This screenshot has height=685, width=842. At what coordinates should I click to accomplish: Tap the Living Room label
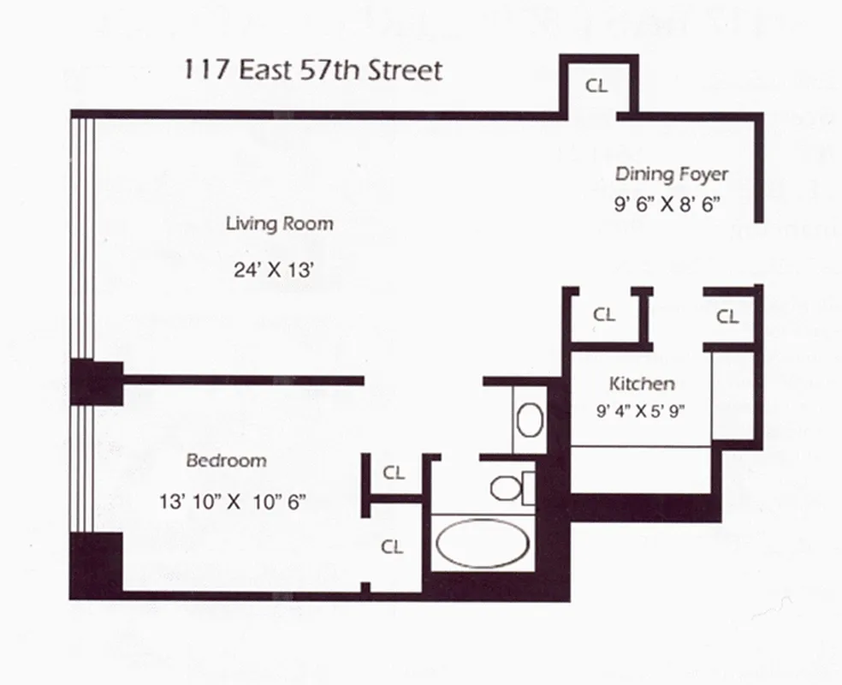(x=279, y=224)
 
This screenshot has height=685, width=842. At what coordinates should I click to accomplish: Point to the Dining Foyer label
(x=671, y=175)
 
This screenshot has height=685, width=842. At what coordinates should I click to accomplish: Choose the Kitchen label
(x=641, y=384)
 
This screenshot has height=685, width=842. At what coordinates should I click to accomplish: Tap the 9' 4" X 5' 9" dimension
(x=642, y=410)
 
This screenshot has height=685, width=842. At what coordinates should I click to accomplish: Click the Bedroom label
(x=226, y=461)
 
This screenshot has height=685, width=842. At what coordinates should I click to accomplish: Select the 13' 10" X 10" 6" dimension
(x=233, y=501)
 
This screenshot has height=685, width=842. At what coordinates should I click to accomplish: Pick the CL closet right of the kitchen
(x=727, y=317)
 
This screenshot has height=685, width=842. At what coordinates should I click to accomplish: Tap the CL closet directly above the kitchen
(x=604, y=314)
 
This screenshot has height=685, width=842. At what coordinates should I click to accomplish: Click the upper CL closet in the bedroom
(x=394, y=472)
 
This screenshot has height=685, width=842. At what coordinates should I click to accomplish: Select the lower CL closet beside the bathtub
(x=392, y=547)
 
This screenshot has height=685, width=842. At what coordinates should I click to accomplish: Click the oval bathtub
(x=479, y=543)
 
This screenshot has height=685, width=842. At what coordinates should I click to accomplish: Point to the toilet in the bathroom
(x=507, y=486)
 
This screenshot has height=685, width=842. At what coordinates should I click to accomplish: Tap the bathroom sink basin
(x=531, y=420)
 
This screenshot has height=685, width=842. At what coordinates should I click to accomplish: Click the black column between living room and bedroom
(x=96, y=382)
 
